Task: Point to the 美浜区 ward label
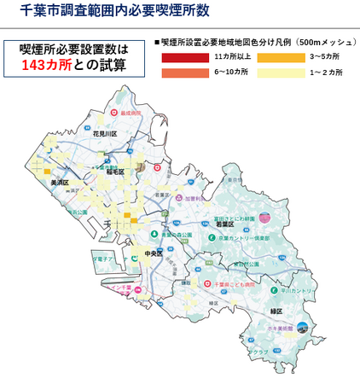[60, 183]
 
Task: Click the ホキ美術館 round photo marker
[301, 325]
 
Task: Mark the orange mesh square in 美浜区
[42, 169]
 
